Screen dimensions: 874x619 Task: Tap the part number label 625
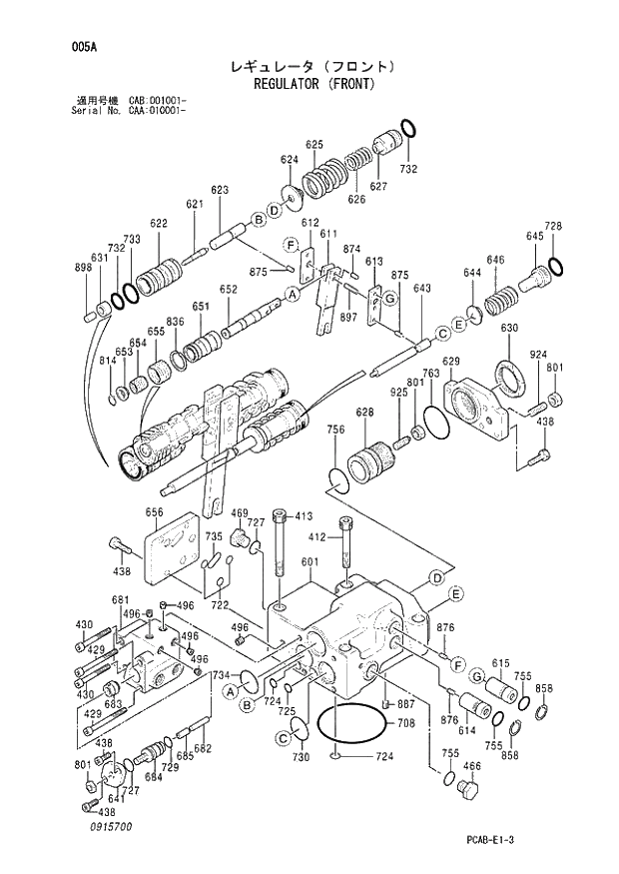click(314, 145)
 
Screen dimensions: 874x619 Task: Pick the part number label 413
click(304, 516)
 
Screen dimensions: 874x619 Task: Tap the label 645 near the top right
click(535, 237)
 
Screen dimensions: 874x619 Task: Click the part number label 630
click(508, 329)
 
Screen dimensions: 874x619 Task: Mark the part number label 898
click(84, 268)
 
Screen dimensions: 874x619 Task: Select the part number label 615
click(500, 663)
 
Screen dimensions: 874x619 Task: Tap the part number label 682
click(203, 748)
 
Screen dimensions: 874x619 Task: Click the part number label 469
click(240, 513)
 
